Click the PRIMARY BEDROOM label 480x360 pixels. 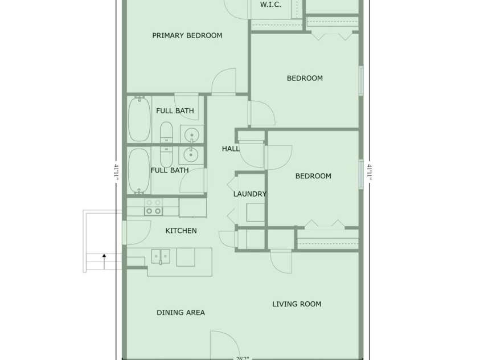[x=187, y=35]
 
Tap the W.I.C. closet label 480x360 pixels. [x=270, y=5]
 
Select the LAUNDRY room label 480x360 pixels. [x=250, y=194]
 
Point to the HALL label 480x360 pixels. [x=231, y=149]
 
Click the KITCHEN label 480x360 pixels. [x=181, y=231]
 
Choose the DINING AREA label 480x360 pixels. [x=180, y=312]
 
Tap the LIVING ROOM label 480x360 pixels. [x=297, y=304]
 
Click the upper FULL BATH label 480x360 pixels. [x=175, y=111]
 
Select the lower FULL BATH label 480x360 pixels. [x=170, y=170]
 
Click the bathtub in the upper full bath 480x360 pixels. [x=139, y=119]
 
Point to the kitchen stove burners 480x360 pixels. [x=153, y=207]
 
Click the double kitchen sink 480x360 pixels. [x=161, y=256]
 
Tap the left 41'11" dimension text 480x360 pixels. [x=116, y=172]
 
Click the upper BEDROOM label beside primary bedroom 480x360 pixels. [x=305, y=78]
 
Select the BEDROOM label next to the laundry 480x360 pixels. [x=313, y=176]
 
